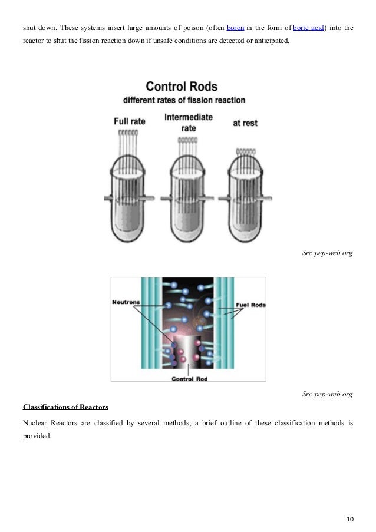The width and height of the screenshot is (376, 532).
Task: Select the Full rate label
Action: point(129,122)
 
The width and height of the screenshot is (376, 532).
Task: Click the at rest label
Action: point(245,123)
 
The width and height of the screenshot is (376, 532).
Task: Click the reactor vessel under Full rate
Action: point(131,194)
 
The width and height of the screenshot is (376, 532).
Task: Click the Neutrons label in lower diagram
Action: point(126,303)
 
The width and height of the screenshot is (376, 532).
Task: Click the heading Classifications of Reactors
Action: point(65,407)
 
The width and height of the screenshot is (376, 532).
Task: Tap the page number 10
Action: point(350,503)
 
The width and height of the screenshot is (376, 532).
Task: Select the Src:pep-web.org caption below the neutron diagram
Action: point(327,394)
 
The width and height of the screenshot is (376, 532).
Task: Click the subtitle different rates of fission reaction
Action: point(184,100)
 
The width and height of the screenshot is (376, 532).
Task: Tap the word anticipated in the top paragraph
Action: point(271,43)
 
